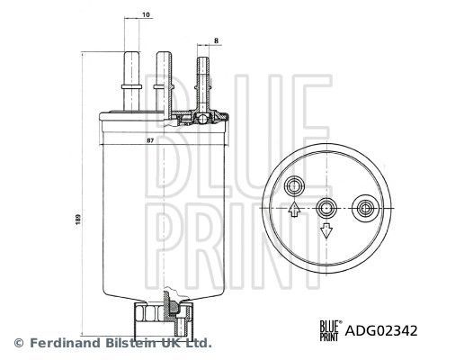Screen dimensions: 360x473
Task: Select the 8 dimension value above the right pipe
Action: [218, 40]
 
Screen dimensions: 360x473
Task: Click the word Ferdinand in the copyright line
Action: [62, 343]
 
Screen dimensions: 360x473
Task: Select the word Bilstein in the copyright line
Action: [130, 343]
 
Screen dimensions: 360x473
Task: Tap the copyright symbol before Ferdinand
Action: [18, 343]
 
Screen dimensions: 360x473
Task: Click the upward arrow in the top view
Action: [295, 211]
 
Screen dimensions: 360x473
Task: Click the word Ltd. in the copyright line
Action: [198, 343]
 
